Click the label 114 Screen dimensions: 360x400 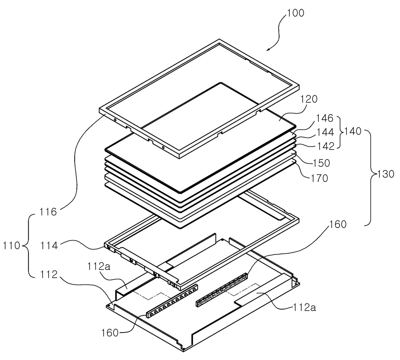pyautogui.click(x=49, y=246)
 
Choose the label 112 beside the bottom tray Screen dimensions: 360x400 pyautogui.click(x=49, y=275)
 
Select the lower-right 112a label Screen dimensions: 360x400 pyautogui.click(x=305, y=307)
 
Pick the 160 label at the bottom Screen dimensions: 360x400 pyautogui.click(x=110, y=333)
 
